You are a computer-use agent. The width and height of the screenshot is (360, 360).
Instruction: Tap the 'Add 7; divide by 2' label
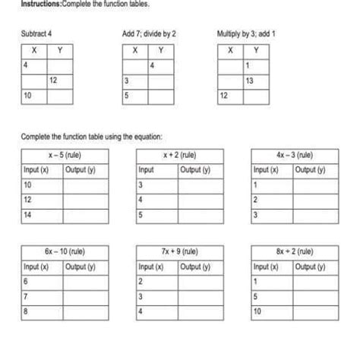(149, 34)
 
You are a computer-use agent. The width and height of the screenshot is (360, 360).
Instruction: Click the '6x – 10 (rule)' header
(65, 251)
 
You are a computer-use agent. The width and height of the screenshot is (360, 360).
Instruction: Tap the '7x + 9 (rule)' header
(179, 251)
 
